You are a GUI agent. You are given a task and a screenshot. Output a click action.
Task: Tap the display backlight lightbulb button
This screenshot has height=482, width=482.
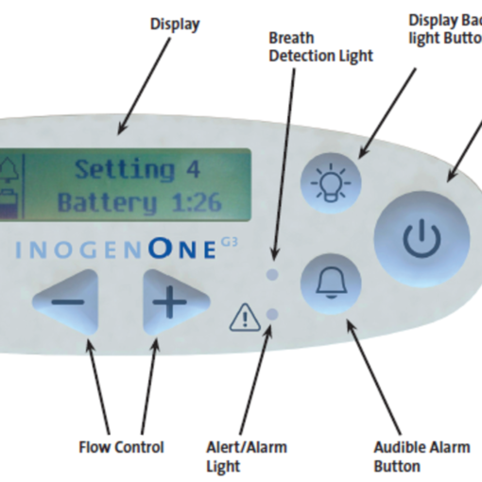click(x=331, y=183)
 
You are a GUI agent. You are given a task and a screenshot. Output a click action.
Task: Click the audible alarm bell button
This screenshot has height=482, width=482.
click(x=331, y=284)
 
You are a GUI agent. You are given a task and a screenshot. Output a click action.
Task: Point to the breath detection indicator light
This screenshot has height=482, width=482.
click(x=272, y=274)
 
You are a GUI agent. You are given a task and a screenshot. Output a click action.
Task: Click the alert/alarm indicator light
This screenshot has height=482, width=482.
click(x=272, y=314)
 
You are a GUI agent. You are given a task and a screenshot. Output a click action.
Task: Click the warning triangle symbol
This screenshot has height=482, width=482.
click(x=245, y=318)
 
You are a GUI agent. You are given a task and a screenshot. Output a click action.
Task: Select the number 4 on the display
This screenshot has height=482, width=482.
click(x=193, y=169)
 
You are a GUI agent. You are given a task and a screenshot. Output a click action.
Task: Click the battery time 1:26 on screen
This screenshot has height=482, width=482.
click(x=197, y=202)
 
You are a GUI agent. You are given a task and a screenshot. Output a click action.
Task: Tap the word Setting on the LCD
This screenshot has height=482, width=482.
click(x=125, y=170)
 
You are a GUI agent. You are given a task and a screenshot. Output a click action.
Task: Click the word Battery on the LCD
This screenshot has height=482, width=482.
click(x=108, y=203)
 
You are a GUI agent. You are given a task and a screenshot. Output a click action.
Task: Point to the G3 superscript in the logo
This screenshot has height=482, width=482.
click(x=230, y=242)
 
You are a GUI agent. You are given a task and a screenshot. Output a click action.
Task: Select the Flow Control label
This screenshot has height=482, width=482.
click(x=121, y=447)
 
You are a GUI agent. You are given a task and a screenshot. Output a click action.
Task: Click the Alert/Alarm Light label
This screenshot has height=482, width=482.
click(x=247, y=456)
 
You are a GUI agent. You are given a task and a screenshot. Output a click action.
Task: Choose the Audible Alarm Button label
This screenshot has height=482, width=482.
click(x=422, y=456)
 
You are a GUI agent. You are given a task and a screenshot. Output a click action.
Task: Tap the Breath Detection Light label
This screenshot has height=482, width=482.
click(x=321, y=47)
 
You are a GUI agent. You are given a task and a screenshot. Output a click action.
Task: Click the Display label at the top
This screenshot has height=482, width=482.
click(x=175, y=25)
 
